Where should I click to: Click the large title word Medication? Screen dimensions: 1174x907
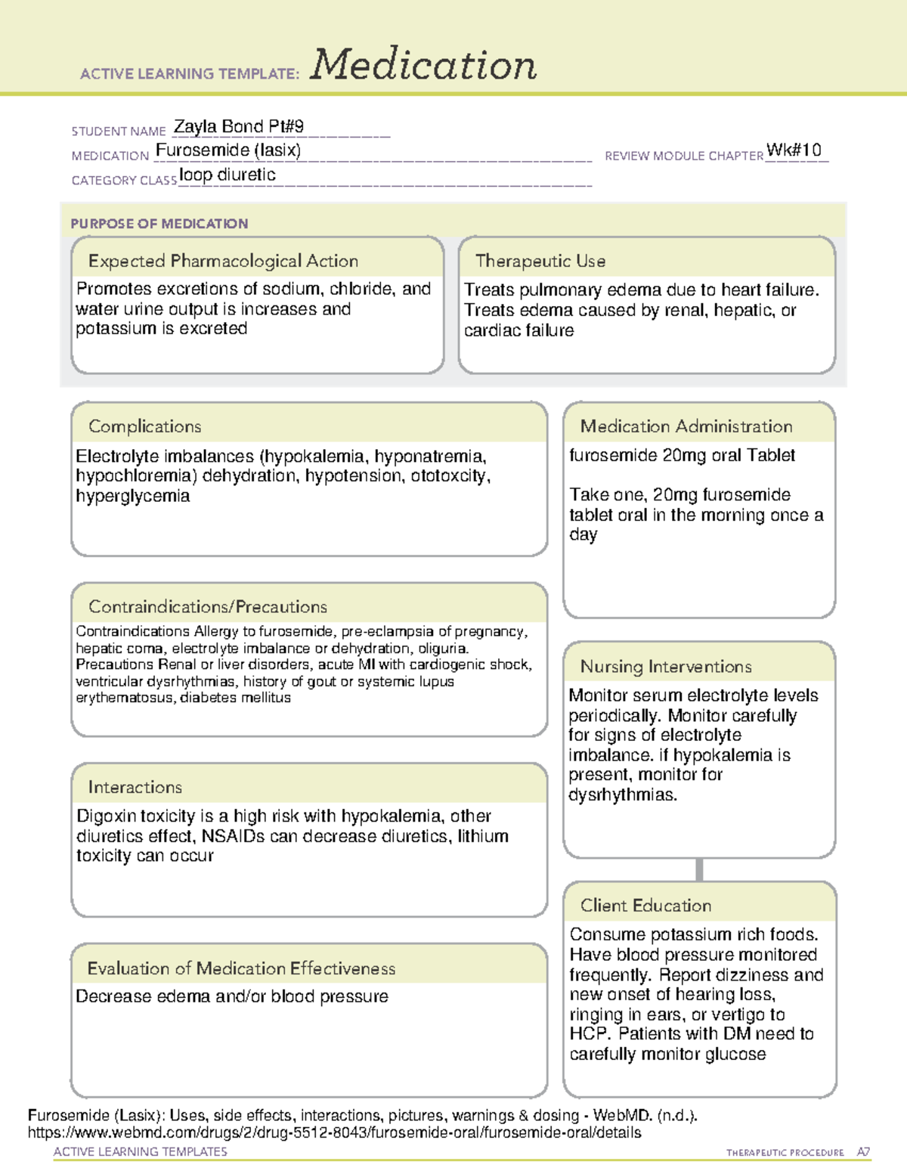coord(423,66)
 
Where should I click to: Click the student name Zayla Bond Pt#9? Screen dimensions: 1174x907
coord(239,127)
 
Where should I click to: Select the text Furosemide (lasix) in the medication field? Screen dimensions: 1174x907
coord(228,150)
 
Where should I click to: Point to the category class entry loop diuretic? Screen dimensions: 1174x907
coord(228,175)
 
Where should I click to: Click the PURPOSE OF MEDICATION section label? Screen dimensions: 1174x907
coord(159,224)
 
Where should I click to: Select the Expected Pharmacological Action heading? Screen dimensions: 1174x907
coord(223,261)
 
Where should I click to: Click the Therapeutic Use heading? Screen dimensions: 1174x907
coord(540,261)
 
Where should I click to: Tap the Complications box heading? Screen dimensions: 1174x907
coord(144,426)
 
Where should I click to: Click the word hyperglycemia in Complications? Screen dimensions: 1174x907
coord(133,496)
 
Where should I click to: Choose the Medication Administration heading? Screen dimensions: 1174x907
coord(686,426)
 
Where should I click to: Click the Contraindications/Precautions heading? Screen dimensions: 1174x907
coord(207,606)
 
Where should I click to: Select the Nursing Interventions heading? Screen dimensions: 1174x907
coord(665,667)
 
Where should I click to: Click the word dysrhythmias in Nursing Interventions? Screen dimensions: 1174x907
coord(622,795)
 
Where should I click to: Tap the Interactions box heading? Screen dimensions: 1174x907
coord(135,787)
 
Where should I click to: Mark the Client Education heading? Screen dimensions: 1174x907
coord(645,906)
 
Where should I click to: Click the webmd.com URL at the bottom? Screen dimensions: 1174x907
coord(334,1132)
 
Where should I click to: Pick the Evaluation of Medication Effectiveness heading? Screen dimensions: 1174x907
coord(241,968)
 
